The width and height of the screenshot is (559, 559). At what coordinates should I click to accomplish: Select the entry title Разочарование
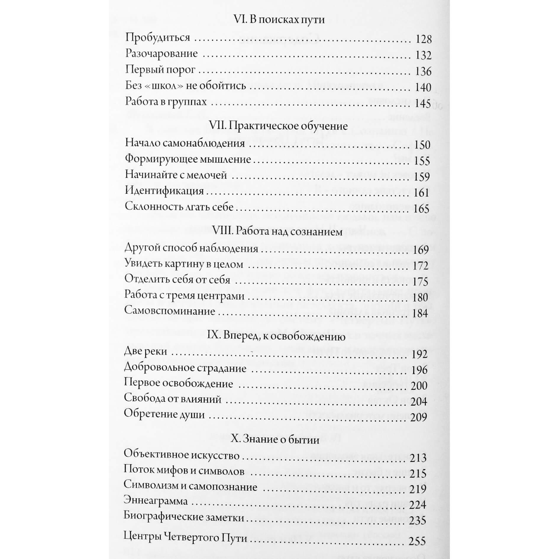[161, 54]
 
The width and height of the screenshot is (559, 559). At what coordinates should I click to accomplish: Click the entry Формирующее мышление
[188, 159]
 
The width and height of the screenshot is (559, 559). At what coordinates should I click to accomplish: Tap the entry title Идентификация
[164, 191]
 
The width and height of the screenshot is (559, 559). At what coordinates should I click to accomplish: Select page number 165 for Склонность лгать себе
[421, 209]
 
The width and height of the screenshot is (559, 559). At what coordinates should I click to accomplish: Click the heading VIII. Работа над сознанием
[277, 232]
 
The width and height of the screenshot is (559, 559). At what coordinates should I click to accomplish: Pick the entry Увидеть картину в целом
[184, 264]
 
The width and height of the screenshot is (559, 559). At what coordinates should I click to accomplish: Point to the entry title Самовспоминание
[169, 311]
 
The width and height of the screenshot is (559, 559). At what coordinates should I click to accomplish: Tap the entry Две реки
[146, 352]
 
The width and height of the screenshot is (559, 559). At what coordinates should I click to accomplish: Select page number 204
[419, 402]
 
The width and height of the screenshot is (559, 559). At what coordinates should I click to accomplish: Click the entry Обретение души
[164, 414]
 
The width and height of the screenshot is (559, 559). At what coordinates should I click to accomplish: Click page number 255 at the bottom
[417, 542]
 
